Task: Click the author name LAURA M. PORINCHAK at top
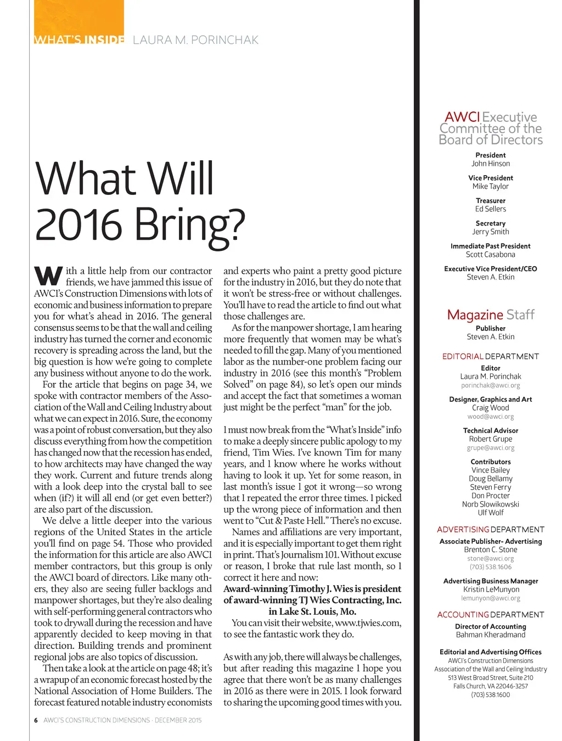(x=195, y=40)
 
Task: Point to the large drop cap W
(x=48, y=274)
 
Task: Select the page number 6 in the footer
(x=36, y=720)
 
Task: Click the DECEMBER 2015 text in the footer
(x=178, y=720)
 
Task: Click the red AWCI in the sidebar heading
(x=462, y=117)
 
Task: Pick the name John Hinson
(x=491, y=164)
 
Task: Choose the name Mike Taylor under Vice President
(x=491, y=186)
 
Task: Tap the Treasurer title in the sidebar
(x=491, y=201)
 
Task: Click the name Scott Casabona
(x=491, y=254)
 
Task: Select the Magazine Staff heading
(x=491, y=315)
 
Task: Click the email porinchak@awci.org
(x=491, y=385)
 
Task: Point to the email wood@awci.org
(x=491, y=417)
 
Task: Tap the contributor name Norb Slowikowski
(x=491, y=504)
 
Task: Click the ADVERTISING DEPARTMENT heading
(x=491, y=530)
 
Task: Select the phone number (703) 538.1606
(x=491, y=567)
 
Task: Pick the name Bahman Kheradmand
(x=491, y=635)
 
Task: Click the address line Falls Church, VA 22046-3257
(x=491, y=686)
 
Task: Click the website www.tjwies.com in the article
(x=367, y=623)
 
